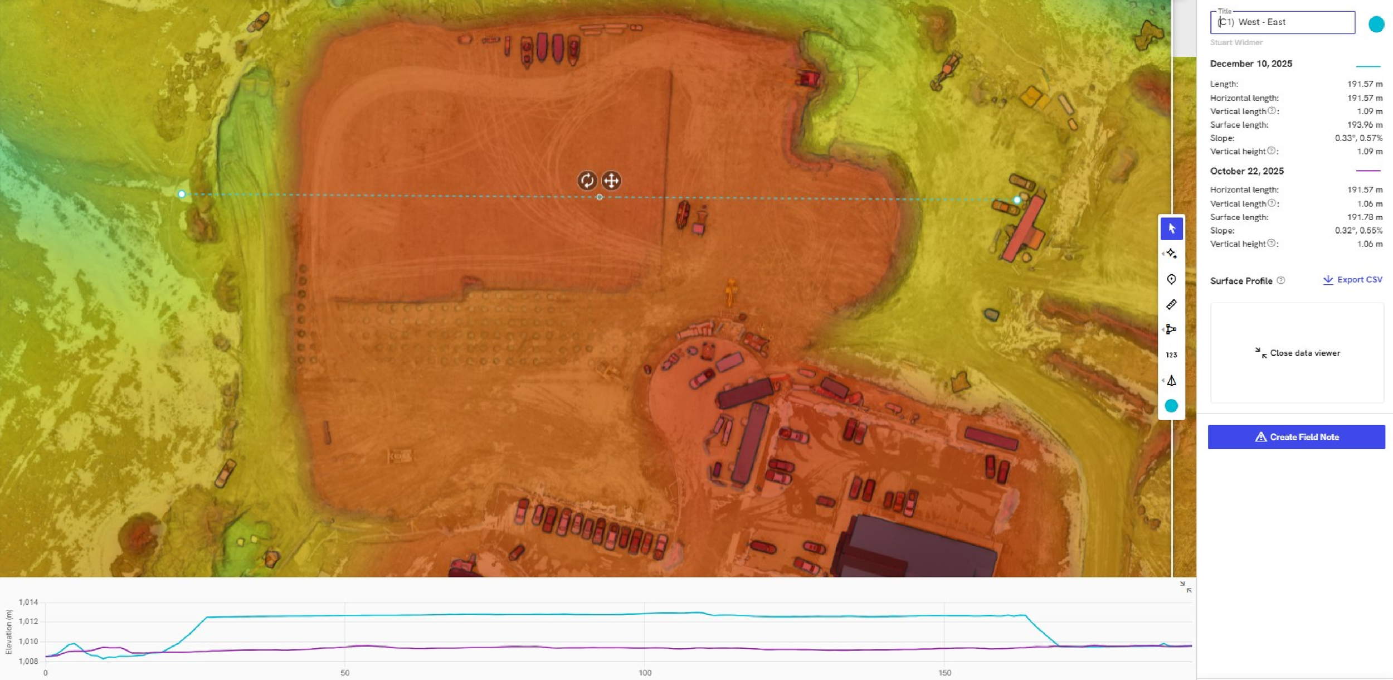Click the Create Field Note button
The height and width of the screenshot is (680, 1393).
tap(1295, 437)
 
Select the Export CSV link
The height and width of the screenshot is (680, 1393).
tap(1352, 280)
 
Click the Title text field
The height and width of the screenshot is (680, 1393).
tap(1282, 22)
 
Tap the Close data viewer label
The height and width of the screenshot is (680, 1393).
tap(1298, 353)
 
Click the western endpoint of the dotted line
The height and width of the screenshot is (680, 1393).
tap(182, 194)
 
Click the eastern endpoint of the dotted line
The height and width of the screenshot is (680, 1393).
tap(1017, 200)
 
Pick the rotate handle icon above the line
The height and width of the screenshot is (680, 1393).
tap(587, 181)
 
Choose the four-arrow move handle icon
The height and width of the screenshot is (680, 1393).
tap(611, 181)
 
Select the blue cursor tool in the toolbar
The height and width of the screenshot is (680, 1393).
tap(1171, 229)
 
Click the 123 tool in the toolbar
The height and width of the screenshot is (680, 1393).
tap(1171, 355)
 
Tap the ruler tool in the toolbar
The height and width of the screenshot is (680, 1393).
tap(1171, 304)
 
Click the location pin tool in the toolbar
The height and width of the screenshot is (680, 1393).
tap(1171, 279)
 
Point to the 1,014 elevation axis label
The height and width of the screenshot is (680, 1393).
tap(28, 602)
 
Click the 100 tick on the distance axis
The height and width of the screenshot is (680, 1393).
tap(645, 673)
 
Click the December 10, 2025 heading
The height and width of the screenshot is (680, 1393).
tap(1251, 64)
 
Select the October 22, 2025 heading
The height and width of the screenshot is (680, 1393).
tap(1246, 171)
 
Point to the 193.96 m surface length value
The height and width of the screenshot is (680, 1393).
tap(1365, 125)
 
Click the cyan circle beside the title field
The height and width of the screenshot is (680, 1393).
tap(1376, 24)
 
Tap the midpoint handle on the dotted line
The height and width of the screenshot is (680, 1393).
tap(599, 197)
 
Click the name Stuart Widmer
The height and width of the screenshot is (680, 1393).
tap(1236, 42)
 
